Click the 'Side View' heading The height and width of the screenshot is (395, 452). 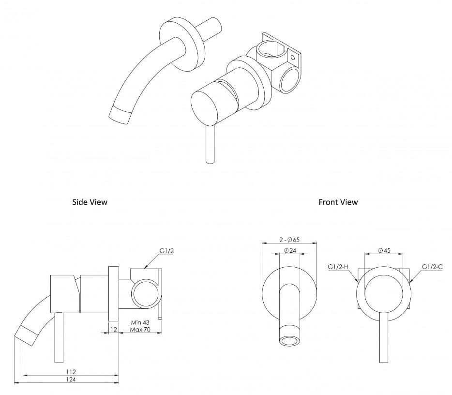[90, 202]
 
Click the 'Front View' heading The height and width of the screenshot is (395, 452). [338, 202]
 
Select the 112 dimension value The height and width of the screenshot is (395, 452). [71, 372]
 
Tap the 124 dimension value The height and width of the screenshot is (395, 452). [71, 380]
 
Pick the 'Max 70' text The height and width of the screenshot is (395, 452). [140, 330]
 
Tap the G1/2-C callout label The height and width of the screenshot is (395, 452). [433, 267]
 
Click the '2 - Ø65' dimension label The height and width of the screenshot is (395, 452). [289, 239]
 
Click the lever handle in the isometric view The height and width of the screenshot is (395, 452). [210, 145]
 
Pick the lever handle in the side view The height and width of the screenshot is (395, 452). [58, 339]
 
